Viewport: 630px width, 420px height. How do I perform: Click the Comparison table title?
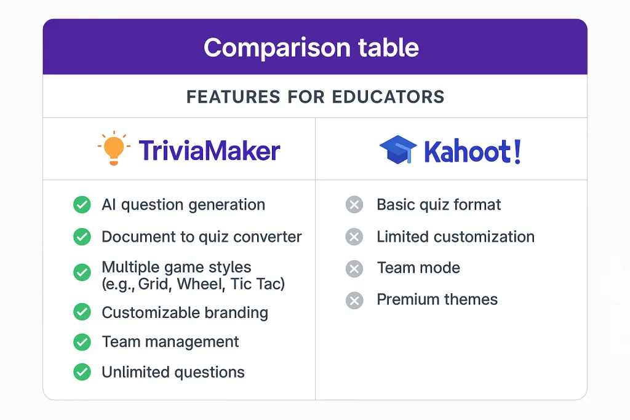[x=311, y=47]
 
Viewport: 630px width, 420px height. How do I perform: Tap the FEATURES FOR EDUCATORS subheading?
[x=316, y=97]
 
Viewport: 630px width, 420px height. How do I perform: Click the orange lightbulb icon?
[x=114, y=148]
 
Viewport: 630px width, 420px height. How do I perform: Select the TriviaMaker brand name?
[x=209, y=151]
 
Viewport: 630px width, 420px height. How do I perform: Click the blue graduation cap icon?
[x=398, y=149]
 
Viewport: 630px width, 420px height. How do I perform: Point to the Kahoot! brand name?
[x=472, y=151]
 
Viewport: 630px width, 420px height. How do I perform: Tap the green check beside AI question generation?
[x=82, y=205]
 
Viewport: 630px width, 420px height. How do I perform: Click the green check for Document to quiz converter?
[x=82, y=237]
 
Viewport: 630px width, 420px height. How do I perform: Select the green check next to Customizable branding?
[x=82, y=312]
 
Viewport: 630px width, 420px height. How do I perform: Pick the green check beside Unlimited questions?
[x=82, y=372]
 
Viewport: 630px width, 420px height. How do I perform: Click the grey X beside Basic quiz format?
[x=354, y=205]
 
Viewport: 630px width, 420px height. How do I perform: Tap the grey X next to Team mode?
[x=354, y=269]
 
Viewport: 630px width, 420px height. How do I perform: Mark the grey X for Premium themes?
[x=354, y=300]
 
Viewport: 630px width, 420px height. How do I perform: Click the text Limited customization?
[x=456, y=237]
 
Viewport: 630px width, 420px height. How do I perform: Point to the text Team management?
[x=170, y=342]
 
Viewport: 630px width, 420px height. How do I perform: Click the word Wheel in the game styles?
[x=202, y=284]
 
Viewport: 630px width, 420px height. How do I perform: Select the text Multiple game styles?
[x=177, y=267]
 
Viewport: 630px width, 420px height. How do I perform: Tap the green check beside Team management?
[x=82, y=342]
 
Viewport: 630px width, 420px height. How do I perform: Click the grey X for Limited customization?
[x=354, y=237]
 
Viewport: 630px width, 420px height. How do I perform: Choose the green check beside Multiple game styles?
[x=82, y=272]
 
